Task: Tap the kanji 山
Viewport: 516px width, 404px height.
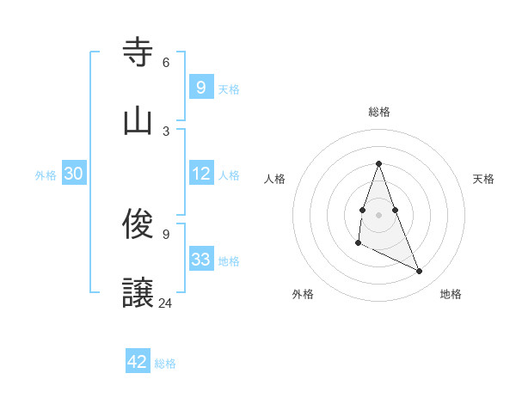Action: tap(138, 120)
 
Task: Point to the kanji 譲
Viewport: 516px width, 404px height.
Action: tap(138, 293)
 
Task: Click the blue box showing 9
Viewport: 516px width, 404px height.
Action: tap(200, 87)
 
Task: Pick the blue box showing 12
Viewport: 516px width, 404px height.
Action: tap(201, 174)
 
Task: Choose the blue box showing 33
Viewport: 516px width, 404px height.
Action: tap(201, 260)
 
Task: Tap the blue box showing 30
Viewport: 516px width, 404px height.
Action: tap(74, 174)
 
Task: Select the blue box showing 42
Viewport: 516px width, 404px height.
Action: tap(138, 362)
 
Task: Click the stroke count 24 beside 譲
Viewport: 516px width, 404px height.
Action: tap(165, 303)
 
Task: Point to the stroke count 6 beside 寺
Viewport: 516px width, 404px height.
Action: tap(165, 63)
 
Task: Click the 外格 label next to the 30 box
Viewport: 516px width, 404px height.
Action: tap(46, 174)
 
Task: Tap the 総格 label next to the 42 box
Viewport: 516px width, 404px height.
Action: tap(165, 363)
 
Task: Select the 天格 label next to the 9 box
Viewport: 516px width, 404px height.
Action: tap(229, 89)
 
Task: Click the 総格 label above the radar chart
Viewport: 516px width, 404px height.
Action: tap(378, 112)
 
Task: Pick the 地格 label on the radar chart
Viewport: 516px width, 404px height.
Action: tap(451, 294)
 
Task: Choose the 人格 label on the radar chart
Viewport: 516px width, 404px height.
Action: tap(275, 179)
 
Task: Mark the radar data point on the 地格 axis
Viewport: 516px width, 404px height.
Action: tap(420, 272)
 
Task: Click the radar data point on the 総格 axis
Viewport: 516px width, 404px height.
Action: tap(378, 163)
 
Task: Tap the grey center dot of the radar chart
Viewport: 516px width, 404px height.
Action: tap(378, 214)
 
